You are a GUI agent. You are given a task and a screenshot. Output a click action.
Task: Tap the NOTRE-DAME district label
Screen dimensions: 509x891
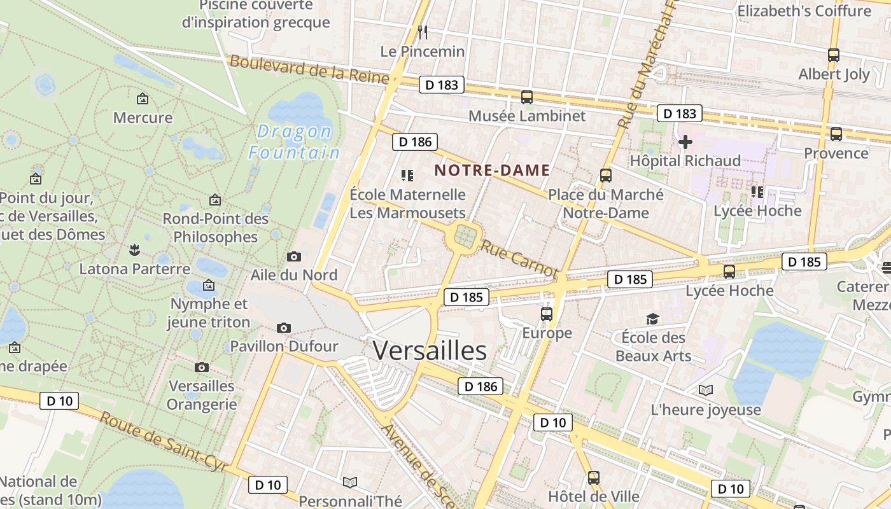pos(492,171)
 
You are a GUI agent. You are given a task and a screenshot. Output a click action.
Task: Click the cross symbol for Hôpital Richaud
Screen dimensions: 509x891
pos(685,142)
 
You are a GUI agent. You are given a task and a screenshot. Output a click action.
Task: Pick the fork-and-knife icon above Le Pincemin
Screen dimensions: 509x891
pos(422,31)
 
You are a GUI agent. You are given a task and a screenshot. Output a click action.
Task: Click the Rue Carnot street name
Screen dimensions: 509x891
pos(519,258)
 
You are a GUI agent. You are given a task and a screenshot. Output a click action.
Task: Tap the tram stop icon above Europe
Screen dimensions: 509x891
pos(546,314)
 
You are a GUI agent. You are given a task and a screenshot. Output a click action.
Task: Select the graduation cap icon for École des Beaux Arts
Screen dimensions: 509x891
pos(652,319)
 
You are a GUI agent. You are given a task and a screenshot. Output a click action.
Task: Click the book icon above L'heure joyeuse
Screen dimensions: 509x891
pos(705,390)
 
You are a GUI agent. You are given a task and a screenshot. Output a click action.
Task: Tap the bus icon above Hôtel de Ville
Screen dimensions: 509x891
pos(593,477)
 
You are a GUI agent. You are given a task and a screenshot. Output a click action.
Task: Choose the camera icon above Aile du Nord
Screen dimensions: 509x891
pos(293,256)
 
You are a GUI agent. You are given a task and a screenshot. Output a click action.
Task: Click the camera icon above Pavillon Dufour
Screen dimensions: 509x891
pos(284,328)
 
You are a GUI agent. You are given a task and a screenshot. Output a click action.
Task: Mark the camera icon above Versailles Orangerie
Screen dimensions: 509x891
pos(202,367)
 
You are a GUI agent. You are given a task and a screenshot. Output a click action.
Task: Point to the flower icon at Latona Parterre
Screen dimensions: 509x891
pos(134,249)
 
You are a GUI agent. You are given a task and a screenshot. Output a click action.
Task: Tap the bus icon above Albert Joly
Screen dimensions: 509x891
pos(834,55)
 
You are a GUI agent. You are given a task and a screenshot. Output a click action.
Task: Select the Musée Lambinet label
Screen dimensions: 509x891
pos(527,116)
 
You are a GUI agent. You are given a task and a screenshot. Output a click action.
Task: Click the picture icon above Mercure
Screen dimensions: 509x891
pos(143,99)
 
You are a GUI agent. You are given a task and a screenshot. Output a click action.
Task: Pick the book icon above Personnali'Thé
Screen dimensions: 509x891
pos(349,482)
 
